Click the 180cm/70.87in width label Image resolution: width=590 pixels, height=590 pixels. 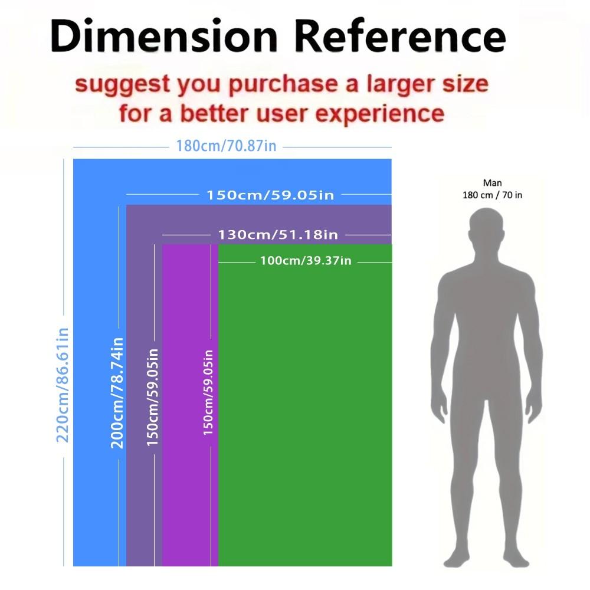click(x=226, y=146)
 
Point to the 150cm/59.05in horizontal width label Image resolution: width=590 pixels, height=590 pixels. click(x=270, y=194)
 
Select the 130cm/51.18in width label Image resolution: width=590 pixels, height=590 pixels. click(x=278, y=234)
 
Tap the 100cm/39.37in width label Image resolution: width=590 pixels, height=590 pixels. click(x=306, y=260)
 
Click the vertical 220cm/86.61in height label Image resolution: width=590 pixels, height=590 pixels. click(x=63, y=385)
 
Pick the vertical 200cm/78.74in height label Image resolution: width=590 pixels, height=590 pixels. click(x=117, y=392)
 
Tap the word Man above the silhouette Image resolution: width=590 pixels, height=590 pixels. click(x=492, y=183)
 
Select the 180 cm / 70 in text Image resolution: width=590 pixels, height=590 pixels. click(x=492, y=195)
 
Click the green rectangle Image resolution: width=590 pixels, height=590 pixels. click(x=305, y=413)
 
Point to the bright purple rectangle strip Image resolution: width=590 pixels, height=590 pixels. click(x=186, y=472)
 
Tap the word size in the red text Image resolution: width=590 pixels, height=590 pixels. click(x=467, y=84)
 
